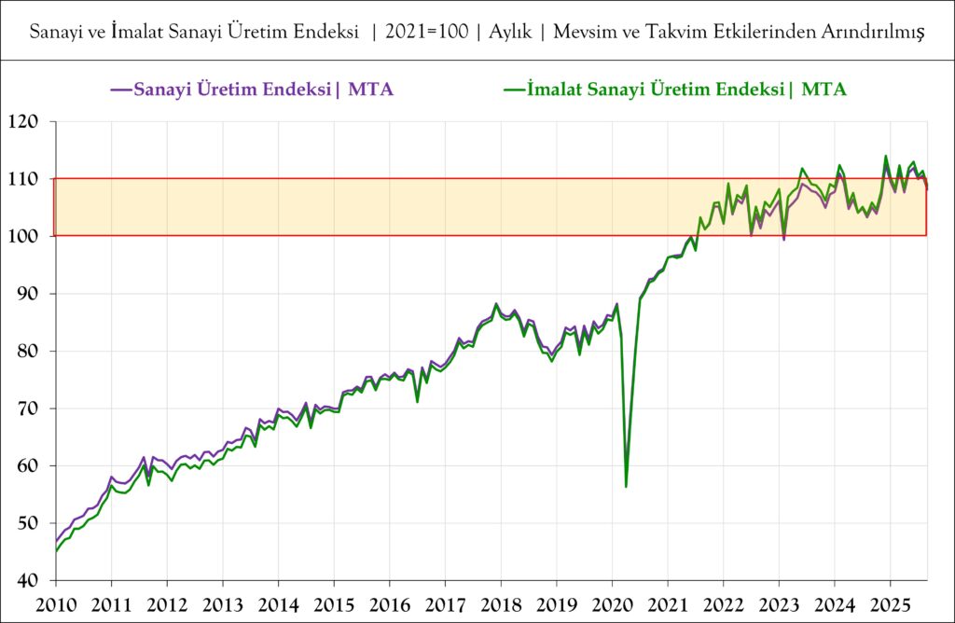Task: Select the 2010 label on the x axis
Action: (x=56, y=603)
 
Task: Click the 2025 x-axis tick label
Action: (x=891, y=603)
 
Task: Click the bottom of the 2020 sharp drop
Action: (x=626, y=486)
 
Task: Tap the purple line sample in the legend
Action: (x=121, y=90)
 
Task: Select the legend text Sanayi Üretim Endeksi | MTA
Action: (x=264, y=90)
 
